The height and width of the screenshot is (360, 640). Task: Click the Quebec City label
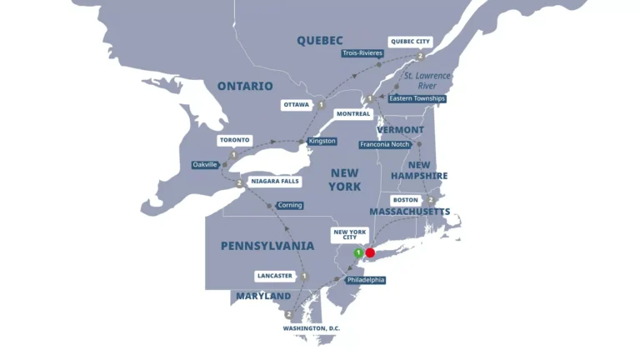(411, 41)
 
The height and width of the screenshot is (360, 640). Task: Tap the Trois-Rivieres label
(362, 53)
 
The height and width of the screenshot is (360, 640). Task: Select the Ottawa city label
(296, 105)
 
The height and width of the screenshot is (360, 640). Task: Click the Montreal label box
(353, 114)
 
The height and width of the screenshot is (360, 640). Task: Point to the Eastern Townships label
(417, 98)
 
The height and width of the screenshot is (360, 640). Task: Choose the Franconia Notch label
(385, 144)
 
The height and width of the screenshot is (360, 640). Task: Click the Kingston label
(322, 141)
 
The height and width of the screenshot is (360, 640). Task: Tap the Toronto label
(234, 140)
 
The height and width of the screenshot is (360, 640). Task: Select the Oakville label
(205, 165)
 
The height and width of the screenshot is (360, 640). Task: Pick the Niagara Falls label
(274, 181)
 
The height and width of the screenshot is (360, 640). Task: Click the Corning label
(290, 205)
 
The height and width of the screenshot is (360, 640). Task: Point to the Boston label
(406, 200)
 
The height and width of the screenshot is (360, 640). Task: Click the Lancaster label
(276, 276)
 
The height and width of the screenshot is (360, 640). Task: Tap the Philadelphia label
(365, 280)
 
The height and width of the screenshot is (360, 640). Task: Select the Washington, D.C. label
(312, 328)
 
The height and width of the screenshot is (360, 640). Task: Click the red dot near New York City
(370, 252)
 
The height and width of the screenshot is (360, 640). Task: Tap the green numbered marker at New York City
(357, 252)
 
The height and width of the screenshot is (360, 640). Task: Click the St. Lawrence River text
(427, 80)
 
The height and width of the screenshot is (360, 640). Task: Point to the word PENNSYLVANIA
(267, 246)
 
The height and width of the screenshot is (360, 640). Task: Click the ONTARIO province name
(245, 86)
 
